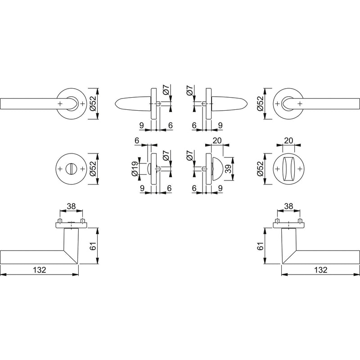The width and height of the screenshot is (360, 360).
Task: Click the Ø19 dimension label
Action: (135, 169)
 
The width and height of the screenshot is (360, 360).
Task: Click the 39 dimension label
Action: (229, 169)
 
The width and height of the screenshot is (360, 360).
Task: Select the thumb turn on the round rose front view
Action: (288, 169)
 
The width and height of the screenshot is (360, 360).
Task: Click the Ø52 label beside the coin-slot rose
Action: (94, 169)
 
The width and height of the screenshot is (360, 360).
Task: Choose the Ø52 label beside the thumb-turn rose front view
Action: (260, 169)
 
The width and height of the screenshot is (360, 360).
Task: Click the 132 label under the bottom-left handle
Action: (40, 270)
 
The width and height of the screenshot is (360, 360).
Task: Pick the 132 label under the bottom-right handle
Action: (320, 270)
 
